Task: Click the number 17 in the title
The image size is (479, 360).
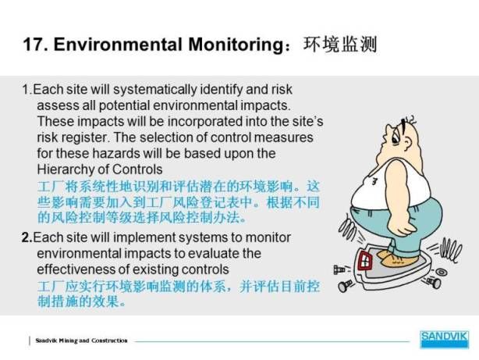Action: click(x=33, y=45)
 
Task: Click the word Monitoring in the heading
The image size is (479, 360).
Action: click(x=236, y=45)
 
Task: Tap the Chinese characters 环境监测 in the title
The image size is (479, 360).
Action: click(x=340, y=45)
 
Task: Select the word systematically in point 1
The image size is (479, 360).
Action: click(x=155, y=90)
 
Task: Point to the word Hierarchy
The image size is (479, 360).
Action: click(x=66, y=169)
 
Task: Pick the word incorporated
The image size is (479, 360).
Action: click(x=204, y=122)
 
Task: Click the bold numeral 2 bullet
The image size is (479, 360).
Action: click(x=27, y=237)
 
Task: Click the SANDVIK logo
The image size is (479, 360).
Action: click(x=444, y=339)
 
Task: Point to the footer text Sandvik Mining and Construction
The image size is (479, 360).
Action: click(x=81, y=340)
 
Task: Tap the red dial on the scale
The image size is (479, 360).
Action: click(x=365, y=261)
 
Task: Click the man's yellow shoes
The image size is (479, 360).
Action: click(x=396, y=258)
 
